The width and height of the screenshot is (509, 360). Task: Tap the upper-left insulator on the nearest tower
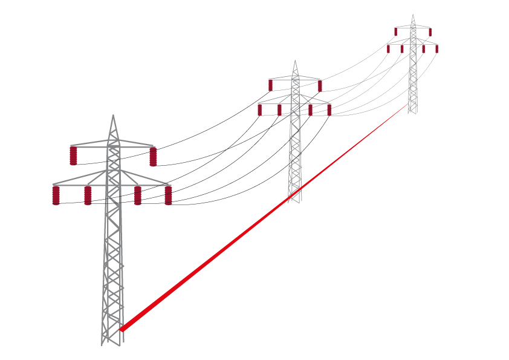73,155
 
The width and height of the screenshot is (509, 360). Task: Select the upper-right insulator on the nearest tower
153,157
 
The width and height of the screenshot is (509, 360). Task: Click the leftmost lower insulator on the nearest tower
56,195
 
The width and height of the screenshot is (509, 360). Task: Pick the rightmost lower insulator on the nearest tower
168,195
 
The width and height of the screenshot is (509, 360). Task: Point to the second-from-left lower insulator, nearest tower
88,195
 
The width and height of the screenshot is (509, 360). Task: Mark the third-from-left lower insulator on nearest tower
138,195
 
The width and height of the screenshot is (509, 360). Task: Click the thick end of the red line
122,329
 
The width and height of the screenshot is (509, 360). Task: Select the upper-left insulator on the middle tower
270,85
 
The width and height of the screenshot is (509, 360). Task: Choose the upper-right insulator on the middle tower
320,86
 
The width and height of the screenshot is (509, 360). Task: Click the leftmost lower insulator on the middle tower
260,110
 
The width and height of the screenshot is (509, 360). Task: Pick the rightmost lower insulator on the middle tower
329,110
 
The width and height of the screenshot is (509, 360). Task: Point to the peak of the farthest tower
413,15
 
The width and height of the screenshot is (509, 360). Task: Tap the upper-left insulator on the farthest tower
396,31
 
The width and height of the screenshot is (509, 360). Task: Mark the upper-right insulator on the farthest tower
430,32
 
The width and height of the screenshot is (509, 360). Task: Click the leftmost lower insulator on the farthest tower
388,49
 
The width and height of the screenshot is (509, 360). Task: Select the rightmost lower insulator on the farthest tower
437,49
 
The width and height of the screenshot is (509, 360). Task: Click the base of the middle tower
294,200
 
